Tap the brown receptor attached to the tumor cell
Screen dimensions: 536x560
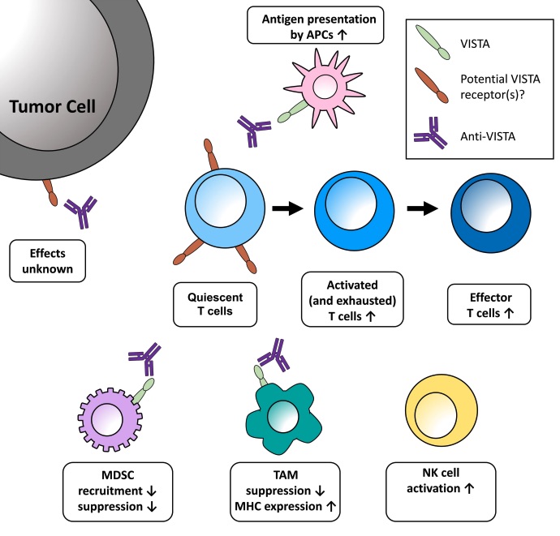(x=50, y=193)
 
